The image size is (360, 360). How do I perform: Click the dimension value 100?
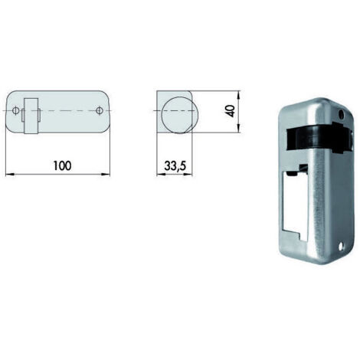(62, 165)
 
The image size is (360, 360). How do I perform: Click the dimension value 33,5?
(175, 166)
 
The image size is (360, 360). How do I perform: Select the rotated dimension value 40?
(231, 111)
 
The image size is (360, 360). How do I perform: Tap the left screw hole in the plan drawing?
(15, 111)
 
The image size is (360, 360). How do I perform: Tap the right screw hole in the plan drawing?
(99, 111)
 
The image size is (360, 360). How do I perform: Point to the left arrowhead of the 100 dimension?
(9, 175)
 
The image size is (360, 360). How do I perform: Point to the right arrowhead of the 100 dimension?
(106, 175)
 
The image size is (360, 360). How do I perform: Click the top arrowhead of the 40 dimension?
(238, 95)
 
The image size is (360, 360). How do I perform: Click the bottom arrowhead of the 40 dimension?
(238, 129)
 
